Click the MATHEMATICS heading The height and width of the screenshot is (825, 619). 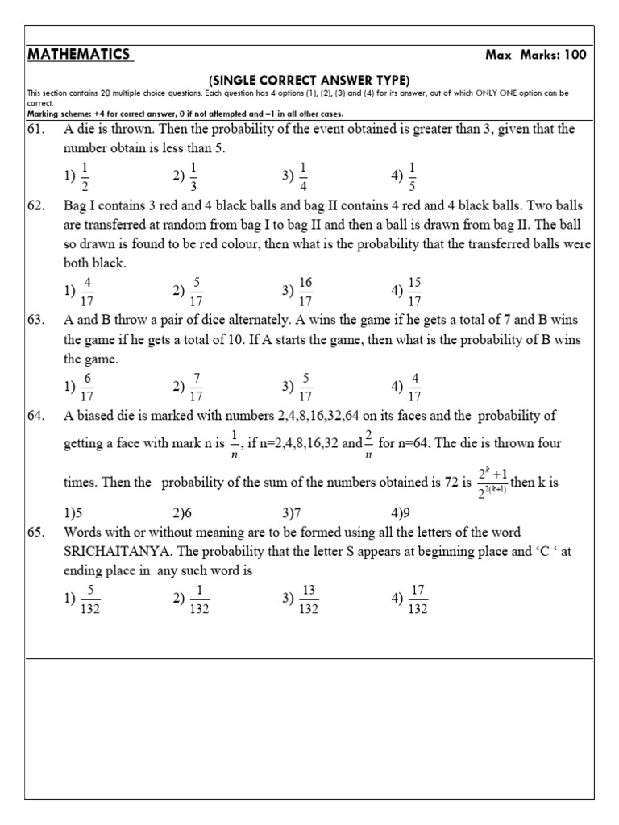78,55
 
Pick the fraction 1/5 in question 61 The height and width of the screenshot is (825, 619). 412,175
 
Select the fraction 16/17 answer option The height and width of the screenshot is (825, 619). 305,291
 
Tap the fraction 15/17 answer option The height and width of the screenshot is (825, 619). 415,291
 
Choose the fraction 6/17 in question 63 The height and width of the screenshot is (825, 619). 87,387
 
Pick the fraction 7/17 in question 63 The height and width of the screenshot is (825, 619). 196,387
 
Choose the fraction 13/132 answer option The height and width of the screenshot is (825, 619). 307,600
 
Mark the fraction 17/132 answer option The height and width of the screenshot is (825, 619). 417,600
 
